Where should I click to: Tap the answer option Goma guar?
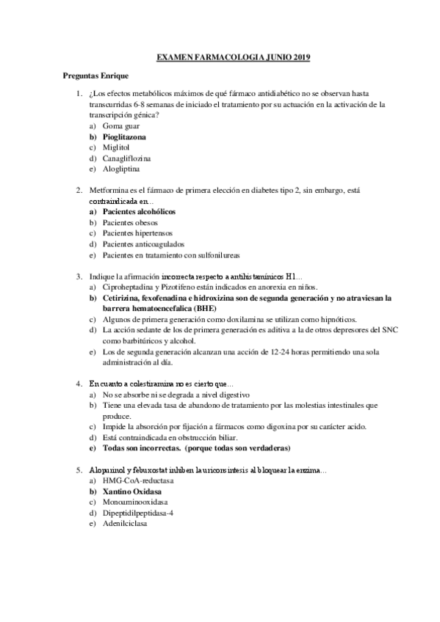tap(121, 126)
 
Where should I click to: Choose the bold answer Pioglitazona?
tap(124, 136)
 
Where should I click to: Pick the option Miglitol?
tap(117, 147)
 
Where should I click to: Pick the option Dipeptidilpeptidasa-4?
tap(140, 512)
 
